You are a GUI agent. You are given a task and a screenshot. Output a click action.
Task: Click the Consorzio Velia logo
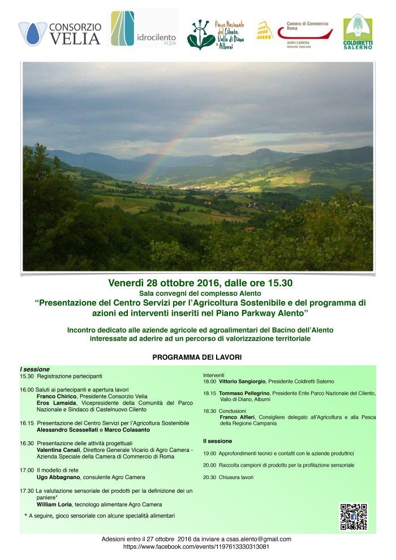60,33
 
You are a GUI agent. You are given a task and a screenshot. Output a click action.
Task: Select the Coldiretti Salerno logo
358,32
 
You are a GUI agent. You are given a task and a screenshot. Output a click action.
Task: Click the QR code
354,516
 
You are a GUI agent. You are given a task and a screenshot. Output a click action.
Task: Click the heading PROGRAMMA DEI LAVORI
197,357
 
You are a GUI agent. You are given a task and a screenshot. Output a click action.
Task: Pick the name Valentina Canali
58,450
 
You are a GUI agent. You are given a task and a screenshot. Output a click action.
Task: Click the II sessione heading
217,441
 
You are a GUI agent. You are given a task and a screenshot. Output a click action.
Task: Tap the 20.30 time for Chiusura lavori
209,477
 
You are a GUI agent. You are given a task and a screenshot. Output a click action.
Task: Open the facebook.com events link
196,547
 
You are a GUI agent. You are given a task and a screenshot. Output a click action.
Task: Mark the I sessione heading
35,369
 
